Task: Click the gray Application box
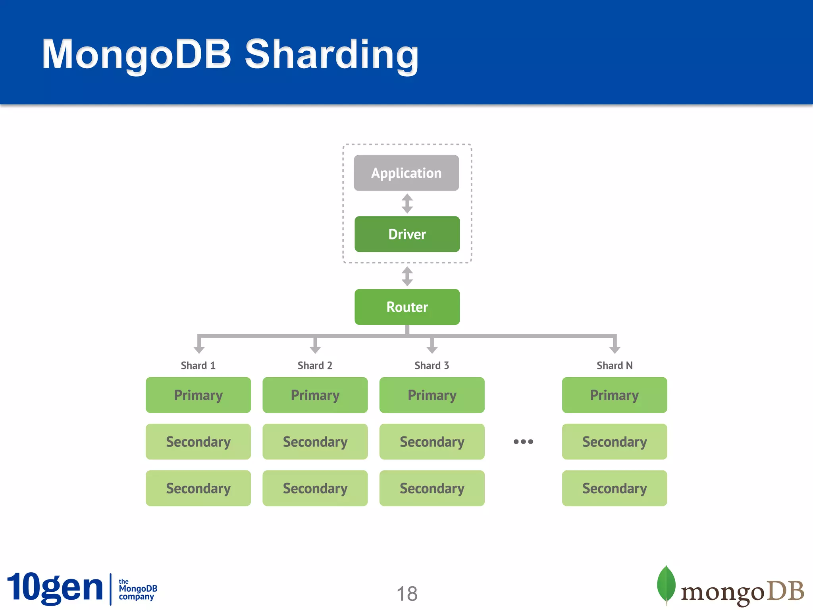pyautogui.click(x=406, y=173)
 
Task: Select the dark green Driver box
pyautogui.click(x=407, y=234)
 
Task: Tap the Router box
pyautogui.click(x=407, y=307)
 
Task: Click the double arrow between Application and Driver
pyautogui.click(x=407, y=204)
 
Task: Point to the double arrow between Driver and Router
pyautogui.click(x=407, y=276)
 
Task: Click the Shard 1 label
pyautogui.click(x=198, y=365)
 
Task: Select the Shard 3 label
pyautogui.click(x=432, y=365)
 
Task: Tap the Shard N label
pyautogui.click(x=614, y=365)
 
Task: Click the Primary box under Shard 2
pyautogui.click(x=315, y=395)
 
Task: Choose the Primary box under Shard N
pyautogui.click(x=614, y=395)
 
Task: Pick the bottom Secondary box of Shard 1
pyautogui.click(x=198, y=488)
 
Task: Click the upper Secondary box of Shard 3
pyautogui.click(x=432, y=442)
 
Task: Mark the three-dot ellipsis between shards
pyautogui.click(x=523, y=442)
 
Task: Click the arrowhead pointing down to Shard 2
pyautogui.click(x=315, y=349)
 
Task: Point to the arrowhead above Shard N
pyautogui.click(x=615, y=349)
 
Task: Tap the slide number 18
pyautogui.click(x=407, y=594)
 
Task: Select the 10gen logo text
pyautogui.click(x=55, y=588)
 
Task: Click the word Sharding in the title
pyautogui.click(x=331, y=54)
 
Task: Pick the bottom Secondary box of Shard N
pyautogui.click(x=614, y=488)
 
